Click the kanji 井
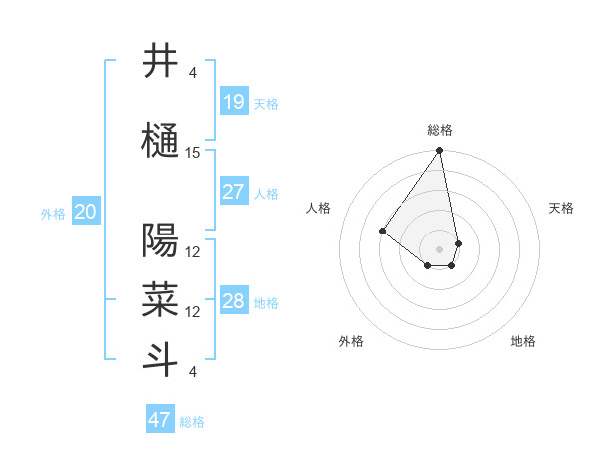point(161,61)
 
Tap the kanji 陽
point(161,240)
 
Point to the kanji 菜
point(161,299)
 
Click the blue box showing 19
point(233,102)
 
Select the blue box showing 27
point(233,192)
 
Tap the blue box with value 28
point(233,301)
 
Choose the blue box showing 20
point(85,212)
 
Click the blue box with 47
point(159,420)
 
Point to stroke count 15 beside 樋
point(193,153)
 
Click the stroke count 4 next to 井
point(193,73)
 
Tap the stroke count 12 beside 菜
point(193,311)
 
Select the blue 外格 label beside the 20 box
point(53,213)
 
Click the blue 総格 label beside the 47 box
point(192,422)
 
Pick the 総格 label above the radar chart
point(439,130)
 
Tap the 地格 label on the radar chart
point(523,341)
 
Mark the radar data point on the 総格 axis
point(439,152)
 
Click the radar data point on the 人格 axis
point(382,232)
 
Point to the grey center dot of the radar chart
point(439,249)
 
